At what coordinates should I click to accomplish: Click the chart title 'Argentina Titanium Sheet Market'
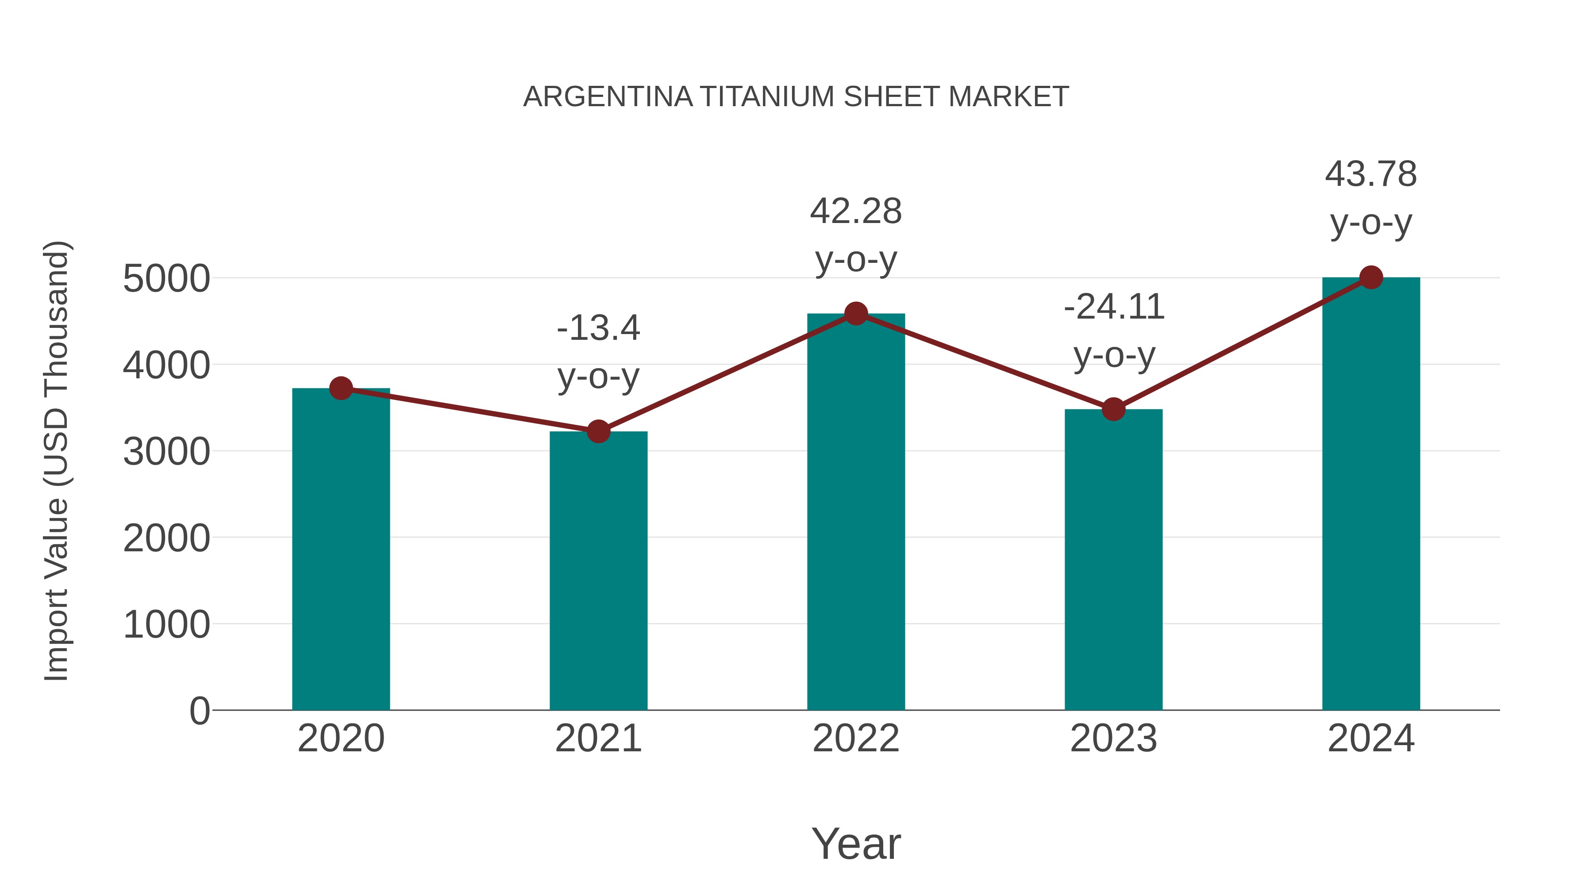796,97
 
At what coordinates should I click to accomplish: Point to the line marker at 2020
341,388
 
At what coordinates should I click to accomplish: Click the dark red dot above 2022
856,314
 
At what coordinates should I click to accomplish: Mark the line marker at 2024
1371,277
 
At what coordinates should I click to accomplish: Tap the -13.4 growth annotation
598,328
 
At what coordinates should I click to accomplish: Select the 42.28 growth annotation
856,212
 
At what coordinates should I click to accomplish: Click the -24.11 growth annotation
1114,308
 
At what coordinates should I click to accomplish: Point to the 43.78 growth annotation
1371,174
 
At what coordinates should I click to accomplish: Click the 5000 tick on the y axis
166,279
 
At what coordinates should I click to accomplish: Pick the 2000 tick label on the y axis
166,538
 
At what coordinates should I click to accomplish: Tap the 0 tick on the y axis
199,711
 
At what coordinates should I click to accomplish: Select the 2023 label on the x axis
1113,739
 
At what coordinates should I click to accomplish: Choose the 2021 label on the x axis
598,739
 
